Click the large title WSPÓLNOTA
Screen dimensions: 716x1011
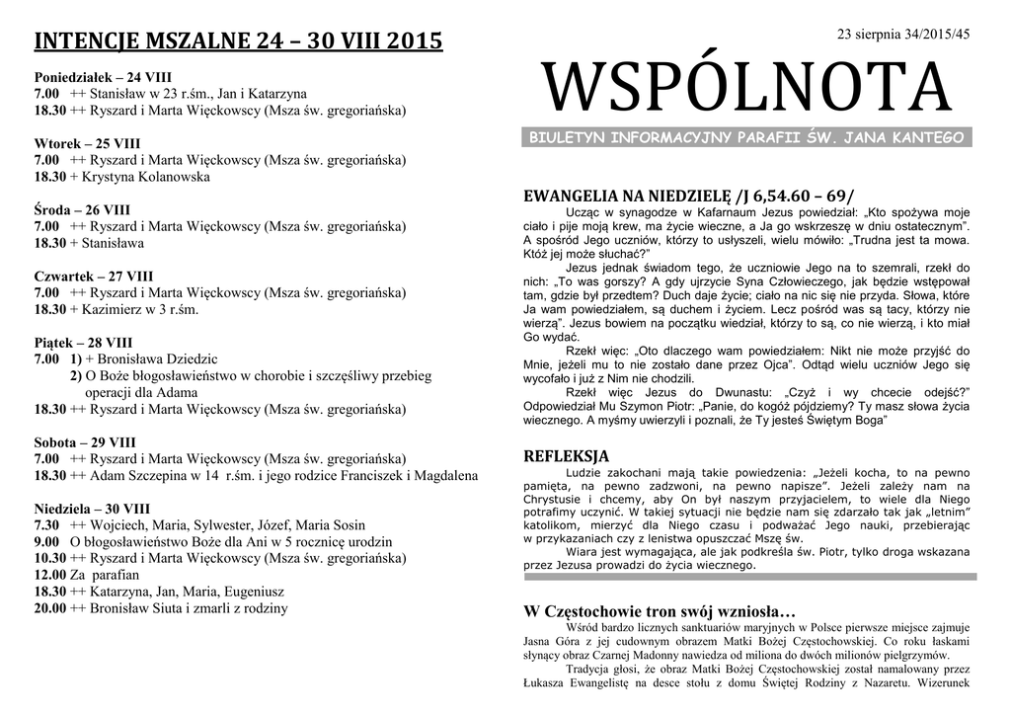(748, 86)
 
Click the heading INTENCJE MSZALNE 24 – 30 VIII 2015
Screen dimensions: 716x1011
(239, 42)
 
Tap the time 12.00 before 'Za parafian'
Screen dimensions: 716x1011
(49, 576)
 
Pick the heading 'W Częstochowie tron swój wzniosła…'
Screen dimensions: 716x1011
(659, 611)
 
